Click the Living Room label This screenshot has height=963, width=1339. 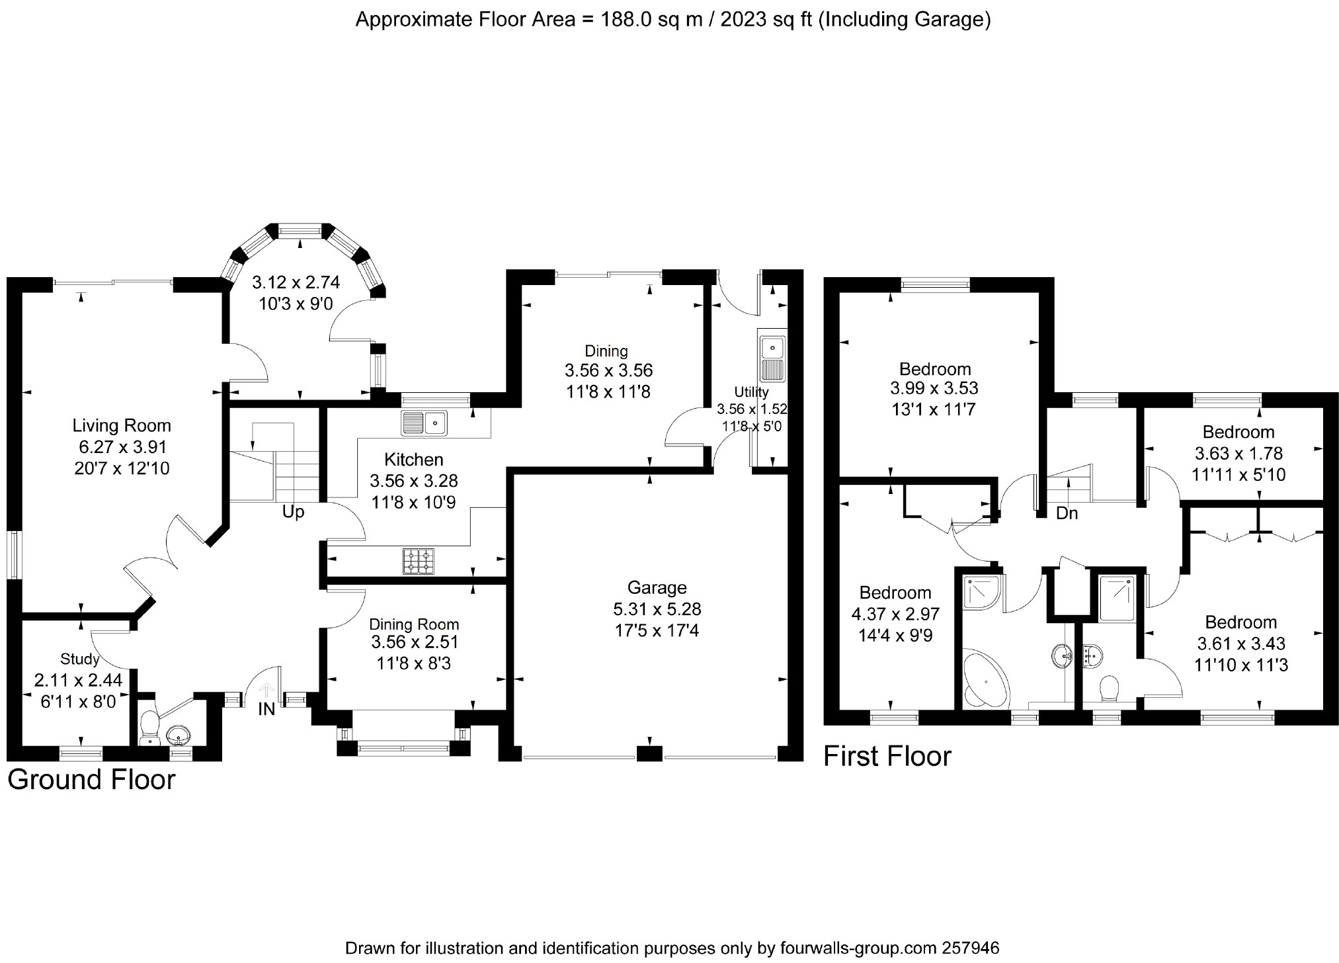(x=122, y=426)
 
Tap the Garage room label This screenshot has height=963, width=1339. (x=657, y=587)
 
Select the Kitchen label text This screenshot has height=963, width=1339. (x=414, y=459)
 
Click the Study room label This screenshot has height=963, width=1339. (x=79, y=659)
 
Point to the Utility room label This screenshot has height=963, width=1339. (x=751, y=392)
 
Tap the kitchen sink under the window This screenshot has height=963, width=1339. (x=424, y=423)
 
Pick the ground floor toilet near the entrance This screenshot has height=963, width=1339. (x=149, y=726)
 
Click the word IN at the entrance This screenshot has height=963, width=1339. (x=266, y=710)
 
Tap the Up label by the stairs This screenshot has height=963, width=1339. (x=293, y=512)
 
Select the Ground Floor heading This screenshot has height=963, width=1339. (x=91, y=780)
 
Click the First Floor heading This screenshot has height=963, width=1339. (x=887, y=756)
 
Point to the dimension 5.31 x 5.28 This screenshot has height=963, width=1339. (x=658, y=609)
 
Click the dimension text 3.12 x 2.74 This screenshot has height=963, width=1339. (x=296, y=282)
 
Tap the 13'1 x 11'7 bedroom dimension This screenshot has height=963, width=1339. (x=934, y=409)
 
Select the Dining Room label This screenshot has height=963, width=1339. (x=414, y=624)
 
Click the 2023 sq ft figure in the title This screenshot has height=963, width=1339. (x=766, y=21)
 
